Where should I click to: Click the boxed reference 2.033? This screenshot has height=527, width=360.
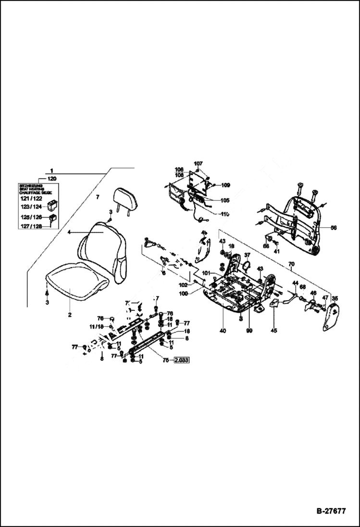[x=181, y=360]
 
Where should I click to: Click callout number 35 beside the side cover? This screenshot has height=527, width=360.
[x=335, y=298]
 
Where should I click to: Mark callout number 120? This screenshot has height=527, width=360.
[x=52, y=178]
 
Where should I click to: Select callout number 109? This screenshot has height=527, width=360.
[x=226, y=185]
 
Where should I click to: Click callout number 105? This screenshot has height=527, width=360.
[x=225, y=200]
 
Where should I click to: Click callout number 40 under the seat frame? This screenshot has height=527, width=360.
[x=223, y=331]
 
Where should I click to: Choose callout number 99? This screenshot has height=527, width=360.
[x=249, y=331]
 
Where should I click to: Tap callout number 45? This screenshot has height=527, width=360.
[x=274, y=330]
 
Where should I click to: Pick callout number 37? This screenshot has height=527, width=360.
[x=247, y=255]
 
